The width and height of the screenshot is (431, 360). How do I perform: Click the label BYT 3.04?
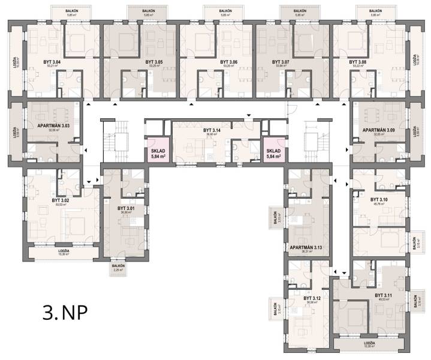coord(61,61)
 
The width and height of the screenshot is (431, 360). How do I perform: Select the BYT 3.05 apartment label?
coord(154,62)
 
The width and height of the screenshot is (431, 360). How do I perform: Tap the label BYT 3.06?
coord(228,62)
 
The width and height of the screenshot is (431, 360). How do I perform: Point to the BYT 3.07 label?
coord(281,62)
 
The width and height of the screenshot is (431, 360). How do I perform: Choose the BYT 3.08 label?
coord(358,62)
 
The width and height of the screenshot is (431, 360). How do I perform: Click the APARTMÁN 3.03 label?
coord(54,126)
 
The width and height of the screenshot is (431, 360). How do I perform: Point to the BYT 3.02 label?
coord(61,201)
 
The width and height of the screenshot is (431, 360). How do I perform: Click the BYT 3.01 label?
coord(126,209)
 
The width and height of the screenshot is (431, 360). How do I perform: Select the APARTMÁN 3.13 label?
coord(306,247)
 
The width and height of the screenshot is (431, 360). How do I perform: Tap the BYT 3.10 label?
coord(379,200)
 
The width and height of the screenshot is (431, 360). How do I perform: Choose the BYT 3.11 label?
coord(384,295)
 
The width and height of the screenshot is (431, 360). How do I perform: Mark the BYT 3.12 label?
coord(312,298)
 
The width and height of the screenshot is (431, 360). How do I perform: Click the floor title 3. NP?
coord(65,312)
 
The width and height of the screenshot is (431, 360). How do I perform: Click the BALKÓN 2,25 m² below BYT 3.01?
coord(118,268)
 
